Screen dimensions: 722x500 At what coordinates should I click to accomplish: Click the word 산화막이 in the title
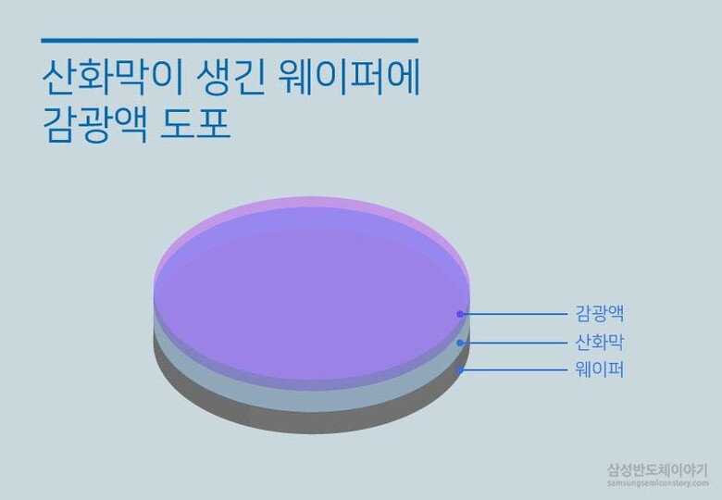click(x=112, y=77)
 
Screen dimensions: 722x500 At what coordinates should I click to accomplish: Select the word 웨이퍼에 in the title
click(x=349, y=77)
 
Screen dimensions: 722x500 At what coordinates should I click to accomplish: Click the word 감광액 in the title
click(x=94, y=124)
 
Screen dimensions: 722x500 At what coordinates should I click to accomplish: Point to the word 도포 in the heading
click(x=194, y=124)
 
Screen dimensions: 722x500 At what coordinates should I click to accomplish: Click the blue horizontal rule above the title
click(x=230, y=41)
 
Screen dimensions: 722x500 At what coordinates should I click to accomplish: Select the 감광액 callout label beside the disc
click(x=600, y=314)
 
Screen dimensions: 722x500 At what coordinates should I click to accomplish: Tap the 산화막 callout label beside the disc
click(x=600, y=342)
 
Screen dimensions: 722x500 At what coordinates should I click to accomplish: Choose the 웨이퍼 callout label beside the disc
click(x=600, y=369)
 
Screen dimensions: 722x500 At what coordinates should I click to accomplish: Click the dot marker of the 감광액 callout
click(x=459, y=314)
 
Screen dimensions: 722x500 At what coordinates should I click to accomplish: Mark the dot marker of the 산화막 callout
click(x=459, y=343)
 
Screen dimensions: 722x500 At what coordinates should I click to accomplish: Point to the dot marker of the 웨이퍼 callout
click(x=459, y=370)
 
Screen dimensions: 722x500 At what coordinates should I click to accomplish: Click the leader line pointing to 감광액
click(x=515, y=314)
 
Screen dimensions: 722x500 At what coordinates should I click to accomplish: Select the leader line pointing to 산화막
click(x=515, y=343)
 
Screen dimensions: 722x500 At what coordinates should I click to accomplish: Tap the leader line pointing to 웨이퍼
click(x=515, y=370)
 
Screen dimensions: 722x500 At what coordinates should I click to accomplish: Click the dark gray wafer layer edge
click(x=313, y=423)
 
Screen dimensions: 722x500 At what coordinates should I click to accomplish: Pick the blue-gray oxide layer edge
click(x=313, y=402)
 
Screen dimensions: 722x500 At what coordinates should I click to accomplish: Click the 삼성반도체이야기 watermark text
click(x=657, y=470)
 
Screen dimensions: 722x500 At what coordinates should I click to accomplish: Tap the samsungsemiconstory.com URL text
click(x=657, y=483)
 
